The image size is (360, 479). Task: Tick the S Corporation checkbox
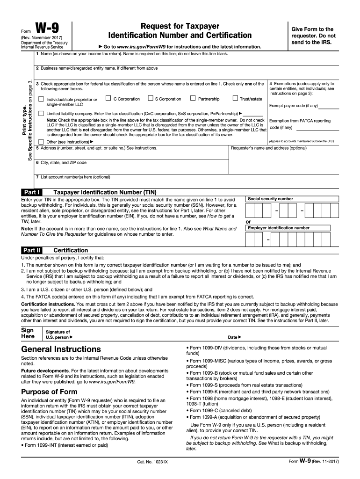(x=150, y=99)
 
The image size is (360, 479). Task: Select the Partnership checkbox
(x=193, y=99)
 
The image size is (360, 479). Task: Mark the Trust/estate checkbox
(x=235, y=99)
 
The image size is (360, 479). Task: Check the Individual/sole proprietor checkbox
(x=41, y=99)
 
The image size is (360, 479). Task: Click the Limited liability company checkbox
(x=41, y=114)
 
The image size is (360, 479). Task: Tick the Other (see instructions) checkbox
(x=41, y=142)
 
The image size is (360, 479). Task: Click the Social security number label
(x=270, y=199)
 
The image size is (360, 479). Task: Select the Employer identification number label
(x=278, y=228)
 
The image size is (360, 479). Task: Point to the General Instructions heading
(x=61, y=349)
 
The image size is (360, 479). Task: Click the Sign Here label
(x=28, y=333)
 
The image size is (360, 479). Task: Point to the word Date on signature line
(x=232, y=337)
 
